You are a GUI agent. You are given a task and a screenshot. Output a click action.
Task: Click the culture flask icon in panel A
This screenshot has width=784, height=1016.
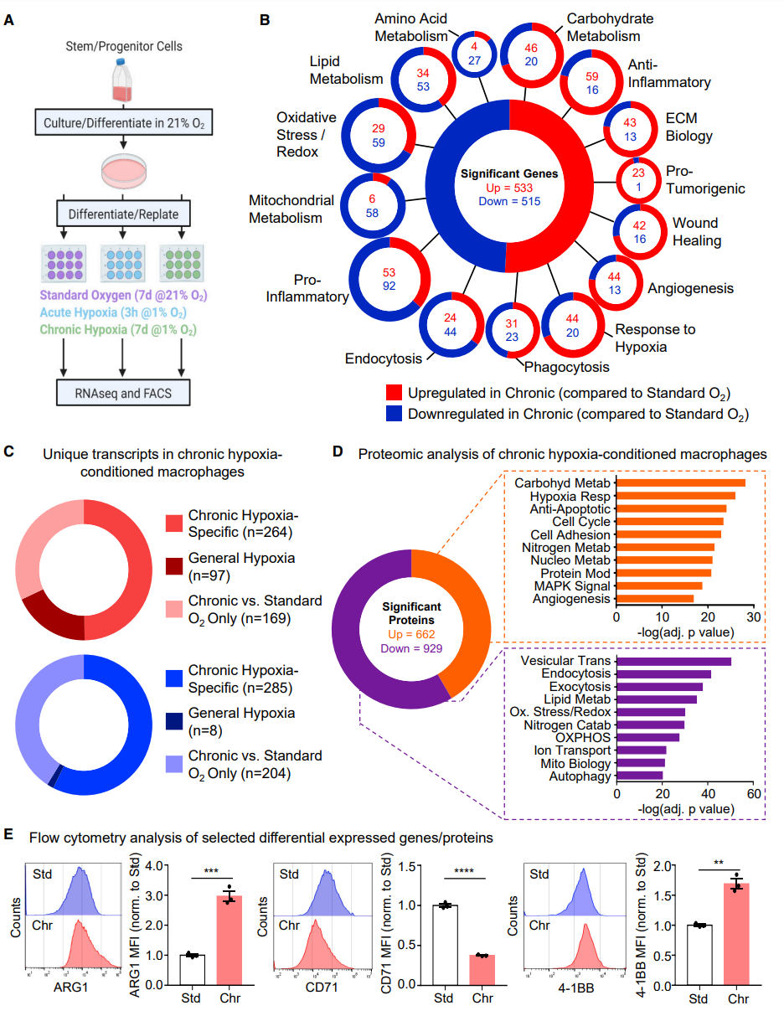coord(123,80)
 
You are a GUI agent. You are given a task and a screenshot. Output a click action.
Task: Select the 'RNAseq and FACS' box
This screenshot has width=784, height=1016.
coord(122,392)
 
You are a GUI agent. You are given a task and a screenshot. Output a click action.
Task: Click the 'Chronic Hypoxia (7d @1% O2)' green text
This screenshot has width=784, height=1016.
coord(123,330)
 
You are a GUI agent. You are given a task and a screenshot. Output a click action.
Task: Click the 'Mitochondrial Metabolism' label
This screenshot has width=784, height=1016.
coord(291,209)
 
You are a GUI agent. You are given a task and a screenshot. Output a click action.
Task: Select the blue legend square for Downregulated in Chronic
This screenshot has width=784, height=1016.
coord(395,413)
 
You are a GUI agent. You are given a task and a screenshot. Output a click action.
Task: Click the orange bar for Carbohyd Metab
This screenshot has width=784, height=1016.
coord(681,483)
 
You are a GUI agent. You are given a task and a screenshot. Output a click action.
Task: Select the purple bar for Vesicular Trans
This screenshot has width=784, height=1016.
coord(674,662)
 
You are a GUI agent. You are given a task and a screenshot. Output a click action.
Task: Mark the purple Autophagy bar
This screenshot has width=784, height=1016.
coord(640,776)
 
